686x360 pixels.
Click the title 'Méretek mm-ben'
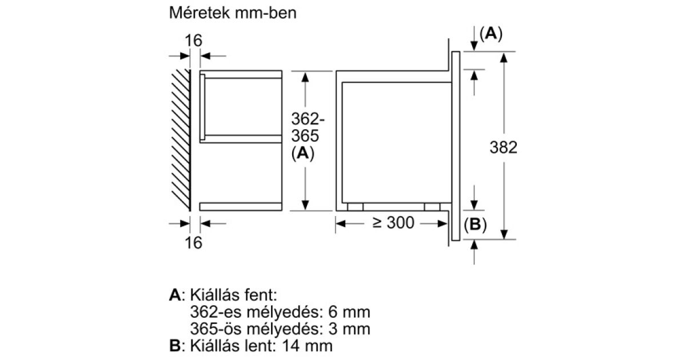click(x=233, y=13)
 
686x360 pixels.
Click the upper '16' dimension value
click(x=194, y=41)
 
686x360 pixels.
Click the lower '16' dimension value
click(x=194, y=243)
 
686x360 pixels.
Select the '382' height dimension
click(x=503, y=147)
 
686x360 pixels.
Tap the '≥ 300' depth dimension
click(x=393, y=222)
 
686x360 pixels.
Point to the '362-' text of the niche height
click(x=308, y=119)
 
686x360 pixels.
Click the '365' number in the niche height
click(x=305, y=135)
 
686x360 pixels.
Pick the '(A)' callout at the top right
click(x=491, y=33)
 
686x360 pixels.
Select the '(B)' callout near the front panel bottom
click(x=475, y=225)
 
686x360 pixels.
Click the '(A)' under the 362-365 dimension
click(x=303, y=153)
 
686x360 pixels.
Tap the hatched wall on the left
click(x=181, y=140)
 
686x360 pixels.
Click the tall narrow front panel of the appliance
click(x=456, y=146)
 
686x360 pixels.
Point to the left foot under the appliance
click(x=355, y=207)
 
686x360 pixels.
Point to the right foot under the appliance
click(x=432, y=207)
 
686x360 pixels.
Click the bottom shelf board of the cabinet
click(x=241, y=207)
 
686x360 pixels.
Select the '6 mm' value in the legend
click(x=349, y=312)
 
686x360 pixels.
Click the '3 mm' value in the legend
click(x=349, y=329)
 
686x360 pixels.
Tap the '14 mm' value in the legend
click(x=307, y=346)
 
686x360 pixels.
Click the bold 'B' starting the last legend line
click(x=175, y=346)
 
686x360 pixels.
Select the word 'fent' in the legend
click(x=258, y=295)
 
